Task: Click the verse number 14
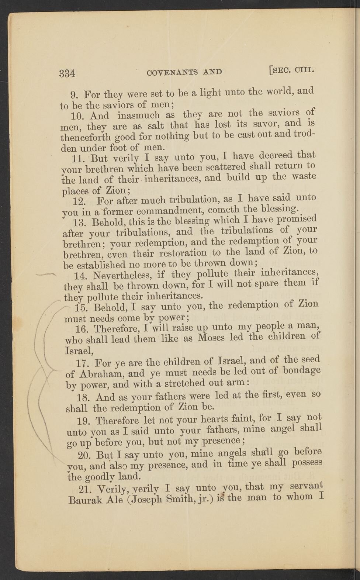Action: (80, 276)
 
